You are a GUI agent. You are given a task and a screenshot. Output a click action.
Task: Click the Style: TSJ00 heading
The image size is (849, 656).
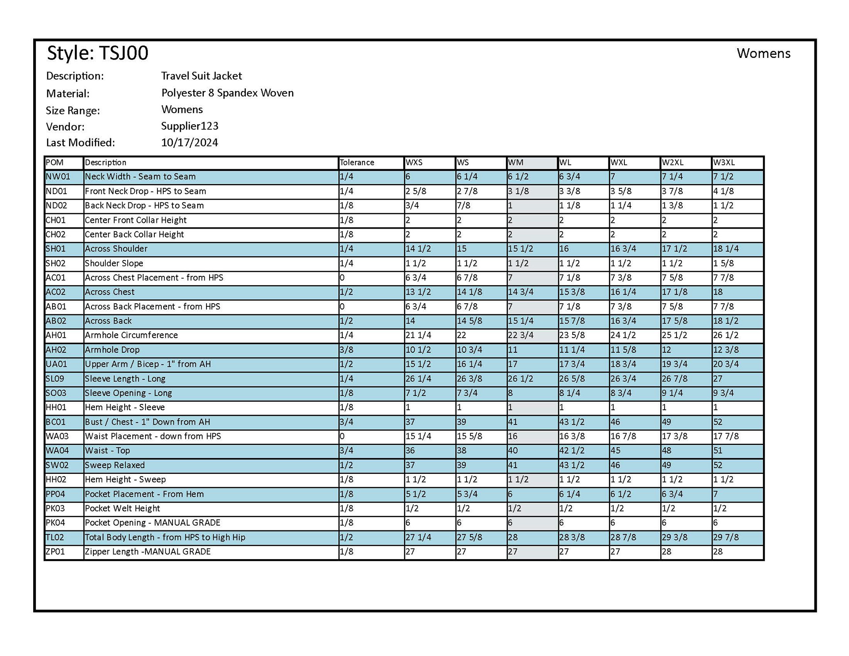click(x=97, y=53)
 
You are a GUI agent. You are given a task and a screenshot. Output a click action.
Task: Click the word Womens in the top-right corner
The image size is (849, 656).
click(x=763, y=53)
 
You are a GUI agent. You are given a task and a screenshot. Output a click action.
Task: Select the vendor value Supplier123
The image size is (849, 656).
click(x=189, y=126)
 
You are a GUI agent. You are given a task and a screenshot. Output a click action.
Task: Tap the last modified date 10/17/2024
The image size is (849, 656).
click(x=189, y=142)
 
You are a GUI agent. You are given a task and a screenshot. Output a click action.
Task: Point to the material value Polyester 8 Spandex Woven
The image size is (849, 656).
click(x=227, y=93)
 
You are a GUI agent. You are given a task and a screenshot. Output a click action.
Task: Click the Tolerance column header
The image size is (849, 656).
click(x=357, y=163)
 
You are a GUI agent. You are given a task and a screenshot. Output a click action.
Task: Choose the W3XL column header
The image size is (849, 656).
click(x=724, y=163)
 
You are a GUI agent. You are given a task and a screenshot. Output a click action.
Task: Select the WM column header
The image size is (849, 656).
click(x=516, y=163)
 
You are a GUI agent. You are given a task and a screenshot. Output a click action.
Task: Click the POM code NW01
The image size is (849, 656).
click(x=58, y=177)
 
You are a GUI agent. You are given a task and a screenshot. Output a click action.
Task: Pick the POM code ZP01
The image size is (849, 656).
click(x=55, y=552)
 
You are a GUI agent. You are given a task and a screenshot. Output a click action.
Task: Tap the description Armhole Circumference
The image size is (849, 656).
click(x=131, y=335)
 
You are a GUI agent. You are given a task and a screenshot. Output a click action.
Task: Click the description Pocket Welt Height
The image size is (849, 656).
click(x=122, y=508)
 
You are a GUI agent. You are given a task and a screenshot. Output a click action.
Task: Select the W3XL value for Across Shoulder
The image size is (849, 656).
click(x=726, y=249)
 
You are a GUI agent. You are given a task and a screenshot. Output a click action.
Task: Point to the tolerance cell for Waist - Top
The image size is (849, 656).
click(x=346, y=450)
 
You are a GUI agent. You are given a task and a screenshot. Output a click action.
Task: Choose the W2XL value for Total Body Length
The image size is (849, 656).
click(x=674, y=538)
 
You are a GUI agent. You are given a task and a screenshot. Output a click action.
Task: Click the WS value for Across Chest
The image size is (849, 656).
click(x=470, y=292)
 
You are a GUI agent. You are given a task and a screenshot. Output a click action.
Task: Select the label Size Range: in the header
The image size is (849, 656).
click(x=73, y=111)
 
